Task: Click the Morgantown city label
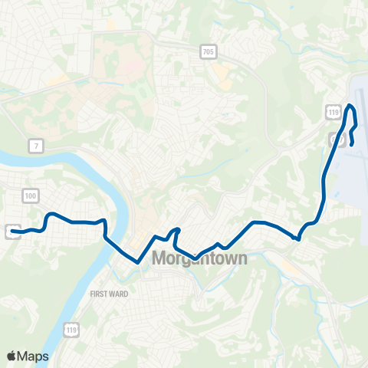point(199,258)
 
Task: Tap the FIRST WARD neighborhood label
point(110,294)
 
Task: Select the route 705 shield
point(209,52)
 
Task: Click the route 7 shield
point(34,145)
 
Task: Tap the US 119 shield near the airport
point(333,113)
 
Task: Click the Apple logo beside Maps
point(12,356)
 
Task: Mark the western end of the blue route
point(11,231)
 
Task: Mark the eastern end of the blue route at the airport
point(351,144)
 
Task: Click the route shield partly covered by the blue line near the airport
point(334,139)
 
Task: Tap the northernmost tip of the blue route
point(351,106)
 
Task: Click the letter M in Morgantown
point(159,258)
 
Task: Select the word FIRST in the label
point(100,294)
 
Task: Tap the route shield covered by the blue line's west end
point(9,229)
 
